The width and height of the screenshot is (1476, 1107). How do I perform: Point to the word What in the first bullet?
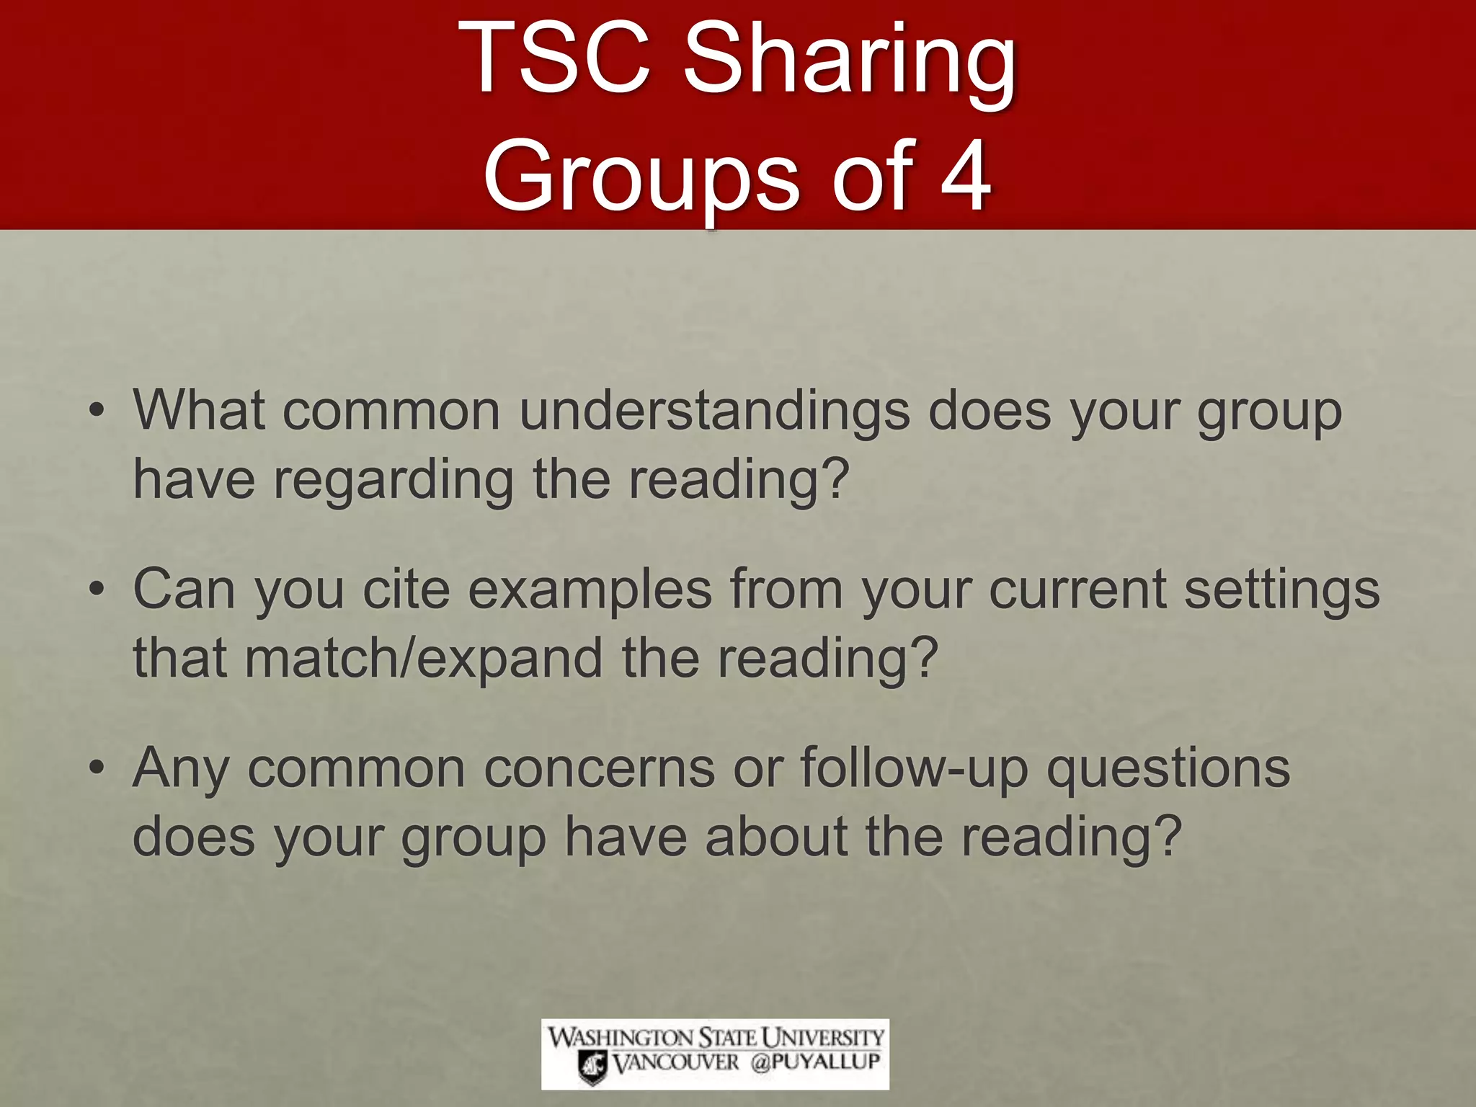199,411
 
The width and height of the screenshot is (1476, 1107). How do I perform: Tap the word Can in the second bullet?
184,590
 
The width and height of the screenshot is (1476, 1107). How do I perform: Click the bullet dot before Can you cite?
97,590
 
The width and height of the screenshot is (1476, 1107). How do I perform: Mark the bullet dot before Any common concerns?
97,768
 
